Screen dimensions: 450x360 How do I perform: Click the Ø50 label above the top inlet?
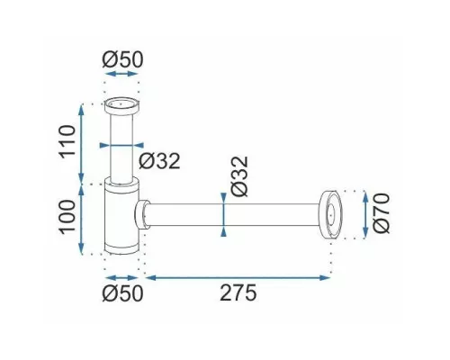coord(122,59)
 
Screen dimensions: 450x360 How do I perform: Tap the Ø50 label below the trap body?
coord(122,292)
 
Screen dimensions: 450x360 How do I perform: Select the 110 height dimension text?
coord(67,142)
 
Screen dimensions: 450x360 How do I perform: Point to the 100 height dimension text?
coord(67,217)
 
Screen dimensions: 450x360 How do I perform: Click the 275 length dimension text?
coord(238,292)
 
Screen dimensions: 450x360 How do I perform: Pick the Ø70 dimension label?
coord(382,213)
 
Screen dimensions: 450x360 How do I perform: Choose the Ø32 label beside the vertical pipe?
coord(159,161)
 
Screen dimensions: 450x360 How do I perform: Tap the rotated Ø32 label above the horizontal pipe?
coord(240,176)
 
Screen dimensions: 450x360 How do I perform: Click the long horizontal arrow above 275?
coord(238,277)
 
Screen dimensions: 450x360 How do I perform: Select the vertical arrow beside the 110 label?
coord(81,143)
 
